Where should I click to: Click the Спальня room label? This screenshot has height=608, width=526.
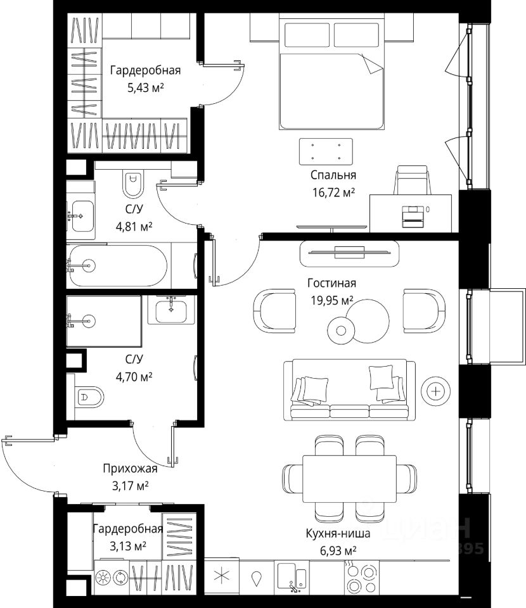pyautogui.click(x=333, y=175)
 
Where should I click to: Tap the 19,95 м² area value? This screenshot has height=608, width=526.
pyautogui.click(x=331, y=300)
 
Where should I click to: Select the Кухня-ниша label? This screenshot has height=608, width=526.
pyautogui.click(x=338, y=533)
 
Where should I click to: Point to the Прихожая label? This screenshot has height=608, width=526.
pyautogui.click(x=130, y=469)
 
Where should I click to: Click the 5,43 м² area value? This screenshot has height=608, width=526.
pyautogui.click(x=146, y=87)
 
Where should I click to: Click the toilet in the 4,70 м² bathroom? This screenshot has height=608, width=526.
pyautogui.click(x=89, y=396)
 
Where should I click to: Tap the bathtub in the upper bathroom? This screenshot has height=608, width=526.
pyautogui.click(x=118, y=265)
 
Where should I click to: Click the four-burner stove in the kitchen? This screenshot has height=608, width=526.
pyautogui.click(x=361, y=578)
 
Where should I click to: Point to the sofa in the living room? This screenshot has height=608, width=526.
pyautogui.click(x=349, y=390)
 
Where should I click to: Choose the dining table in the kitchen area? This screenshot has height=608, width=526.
pyautogui.click(x=349, y=479)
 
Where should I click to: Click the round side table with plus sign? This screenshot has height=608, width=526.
pyautogui.click(x=436, y=391)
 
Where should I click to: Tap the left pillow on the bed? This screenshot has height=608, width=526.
pyautogui.click(x=307, y=35)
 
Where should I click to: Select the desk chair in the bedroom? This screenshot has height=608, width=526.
pyautogui.click(x=413, y=180)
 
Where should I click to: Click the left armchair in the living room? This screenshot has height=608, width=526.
pyautogui.click(x=274, y=311)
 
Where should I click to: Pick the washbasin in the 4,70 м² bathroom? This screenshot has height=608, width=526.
pyautogui.click(x=170, y=310)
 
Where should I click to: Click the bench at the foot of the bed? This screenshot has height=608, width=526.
pyautogui.click(x=326, y=151)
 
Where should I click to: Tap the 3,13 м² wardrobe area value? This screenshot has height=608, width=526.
pyautogui.click(x=127, y=547)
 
